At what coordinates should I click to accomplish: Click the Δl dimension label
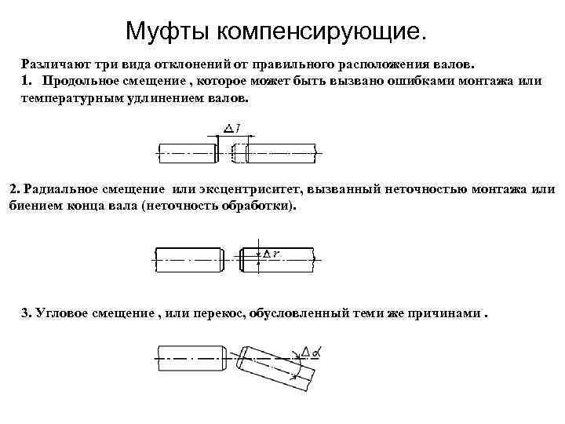(x=232, y=129)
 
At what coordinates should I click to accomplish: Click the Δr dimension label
(x=272, y=253)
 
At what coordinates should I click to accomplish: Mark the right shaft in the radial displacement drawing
(x=279, y=258)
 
